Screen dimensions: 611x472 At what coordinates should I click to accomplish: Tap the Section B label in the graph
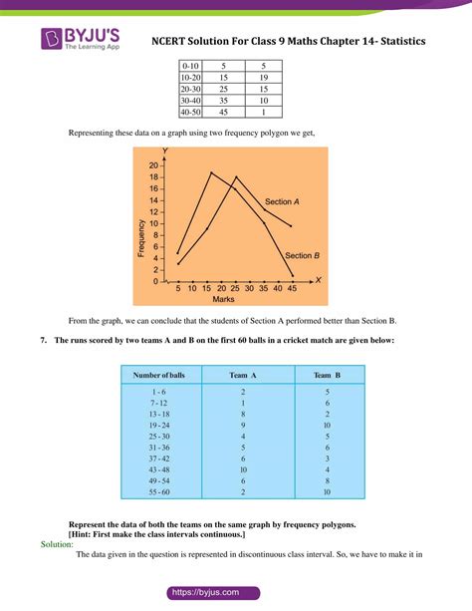[x=301, y=255]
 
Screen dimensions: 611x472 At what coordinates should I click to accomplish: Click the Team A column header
[x=243, y=375]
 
